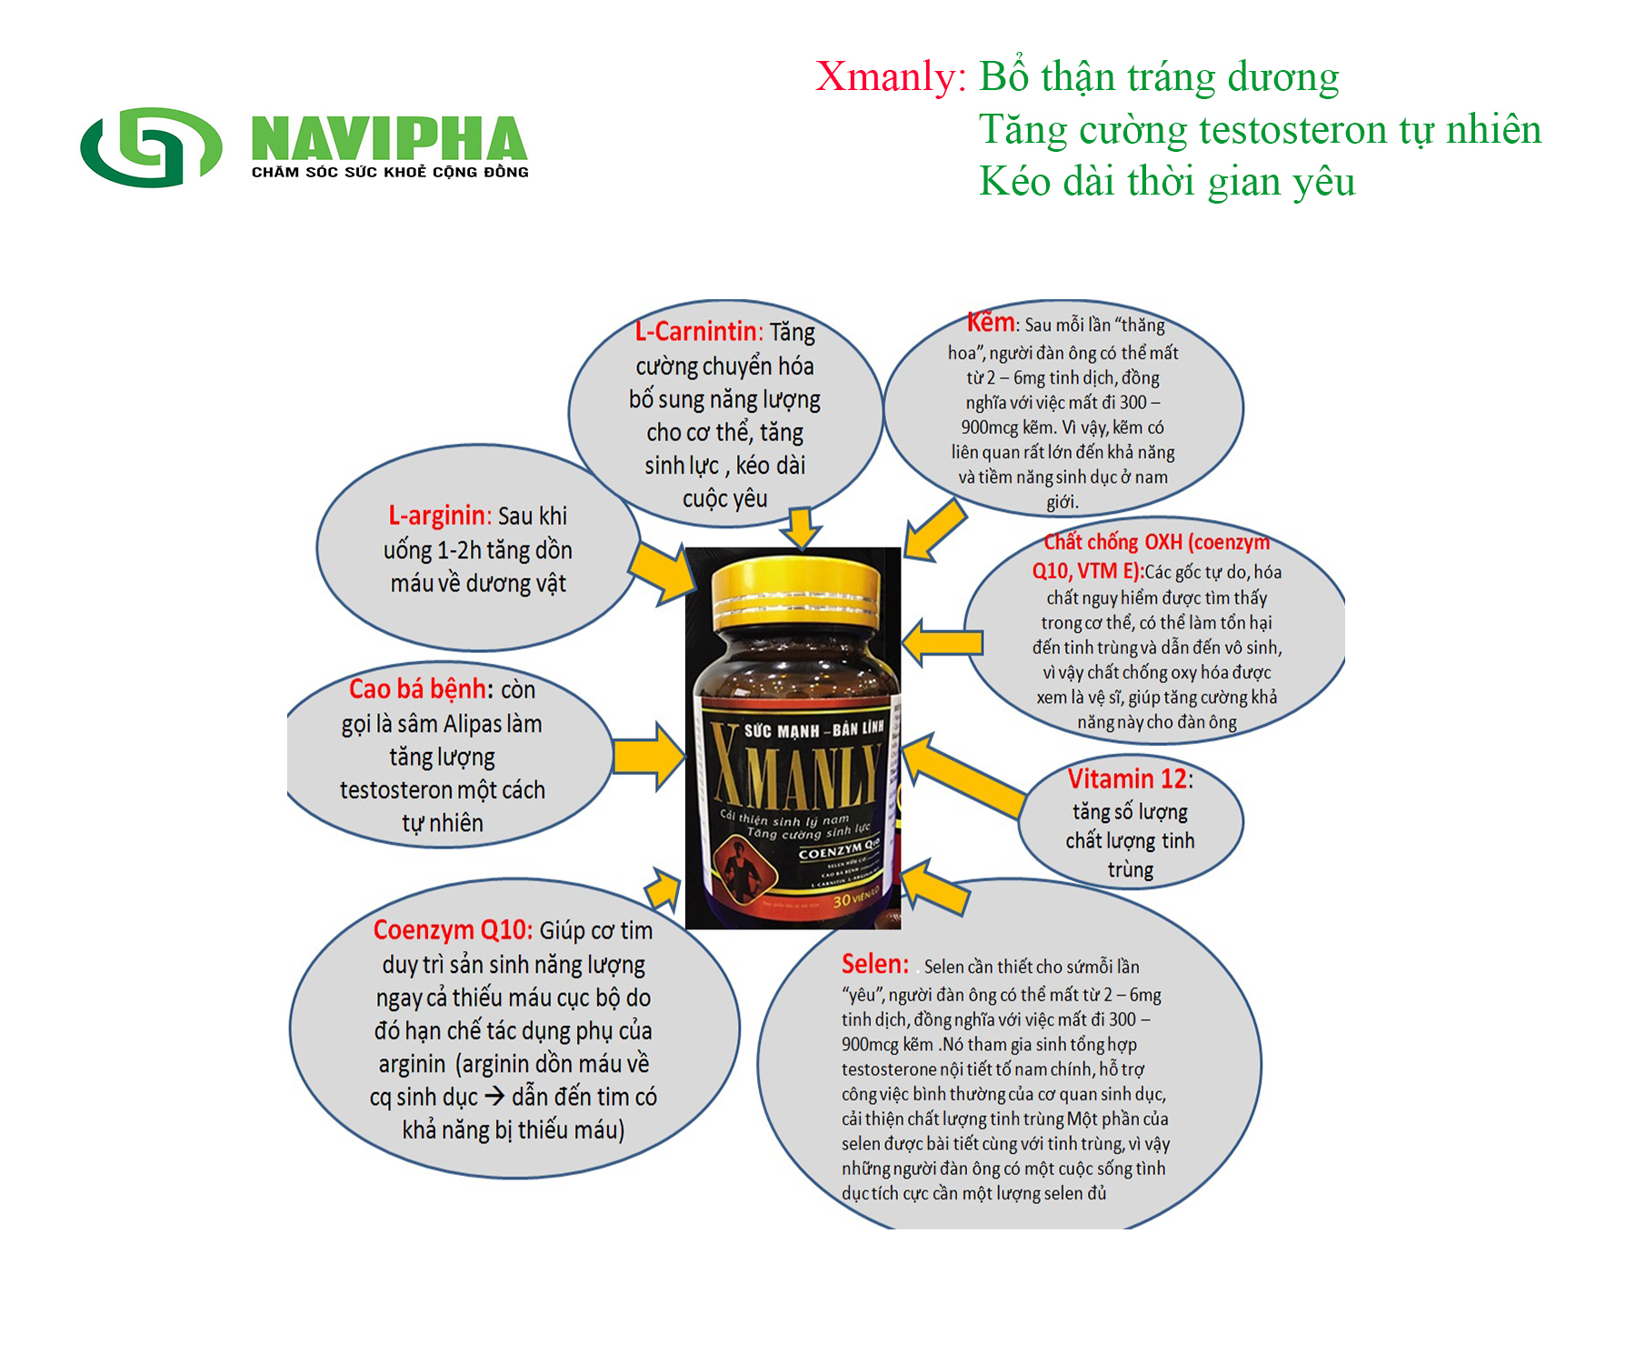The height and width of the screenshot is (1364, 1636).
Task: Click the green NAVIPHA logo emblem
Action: pos(151,146)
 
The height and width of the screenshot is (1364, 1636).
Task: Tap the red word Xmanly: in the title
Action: pos(890,76)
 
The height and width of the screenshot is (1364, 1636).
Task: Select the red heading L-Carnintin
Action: pos(695,331)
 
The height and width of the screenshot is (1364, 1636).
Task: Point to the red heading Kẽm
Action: pos(990,322)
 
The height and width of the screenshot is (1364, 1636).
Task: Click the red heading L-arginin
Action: pos(436,516)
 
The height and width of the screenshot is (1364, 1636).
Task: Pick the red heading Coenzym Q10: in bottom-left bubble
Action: pos(452,930)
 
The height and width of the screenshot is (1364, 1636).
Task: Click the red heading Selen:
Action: pos(874,964)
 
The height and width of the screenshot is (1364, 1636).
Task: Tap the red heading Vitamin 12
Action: pos(1127,779)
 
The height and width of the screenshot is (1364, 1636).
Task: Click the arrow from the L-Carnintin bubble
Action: pos(801,528)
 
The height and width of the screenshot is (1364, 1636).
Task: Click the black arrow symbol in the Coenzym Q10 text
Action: pos(494,1097)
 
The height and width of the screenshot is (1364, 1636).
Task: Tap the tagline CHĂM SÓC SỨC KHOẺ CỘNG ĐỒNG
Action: pos(390,172)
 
